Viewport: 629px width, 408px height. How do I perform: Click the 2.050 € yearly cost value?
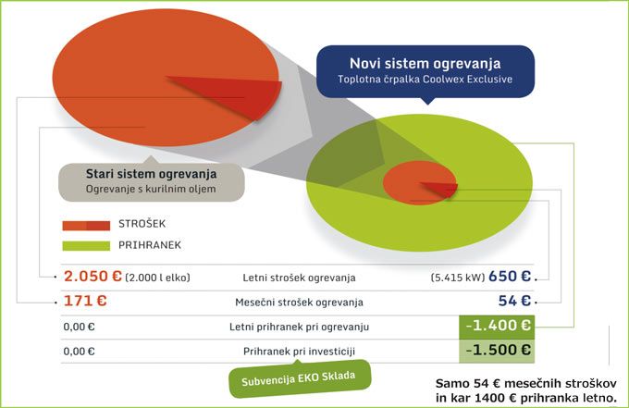pos(92,277)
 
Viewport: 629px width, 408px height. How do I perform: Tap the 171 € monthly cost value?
pos(85,301)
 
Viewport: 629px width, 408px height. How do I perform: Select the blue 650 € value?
pos(510,277)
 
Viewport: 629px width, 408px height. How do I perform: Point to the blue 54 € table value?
pos(514,301)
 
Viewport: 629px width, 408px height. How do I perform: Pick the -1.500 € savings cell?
pos(497,351)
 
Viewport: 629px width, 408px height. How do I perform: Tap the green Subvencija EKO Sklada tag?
pos(300,378)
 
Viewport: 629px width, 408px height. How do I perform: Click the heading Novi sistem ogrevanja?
pos(425,64)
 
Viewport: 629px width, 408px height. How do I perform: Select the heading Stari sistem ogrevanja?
pos(151,174)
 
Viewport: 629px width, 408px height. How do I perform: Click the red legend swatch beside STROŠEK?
pos(86,225)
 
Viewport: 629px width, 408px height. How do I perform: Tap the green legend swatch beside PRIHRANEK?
pos(86,245)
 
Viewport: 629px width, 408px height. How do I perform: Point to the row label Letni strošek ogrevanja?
pos(300,278)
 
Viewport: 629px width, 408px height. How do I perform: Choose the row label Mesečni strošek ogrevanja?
pos(300,303)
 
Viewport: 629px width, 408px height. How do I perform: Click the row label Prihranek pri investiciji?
pos(300,352)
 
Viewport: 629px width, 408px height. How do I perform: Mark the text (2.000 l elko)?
pos(157,278)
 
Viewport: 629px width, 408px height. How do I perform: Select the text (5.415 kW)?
pos(458,278)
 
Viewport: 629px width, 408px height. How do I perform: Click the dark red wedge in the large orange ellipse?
pos(237,94)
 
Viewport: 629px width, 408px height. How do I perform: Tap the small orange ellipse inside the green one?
pos(420,183)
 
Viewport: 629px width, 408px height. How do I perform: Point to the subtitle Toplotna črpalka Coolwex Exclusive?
pos(425,79)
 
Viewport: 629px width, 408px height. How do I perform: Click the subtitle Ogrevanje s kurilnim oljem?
pos(151,189)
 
